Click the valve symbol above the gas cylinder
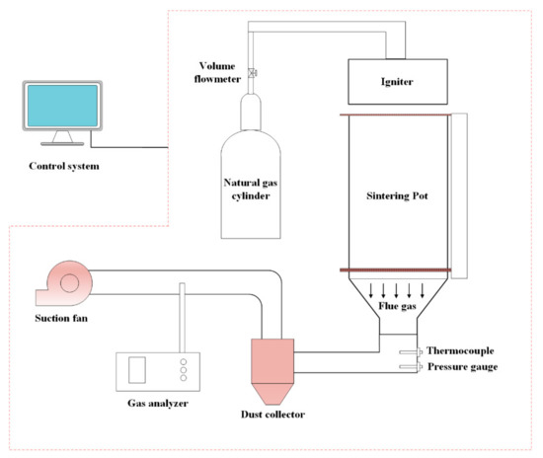coord(253,71)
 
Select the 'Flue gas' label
coord(399,306)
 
